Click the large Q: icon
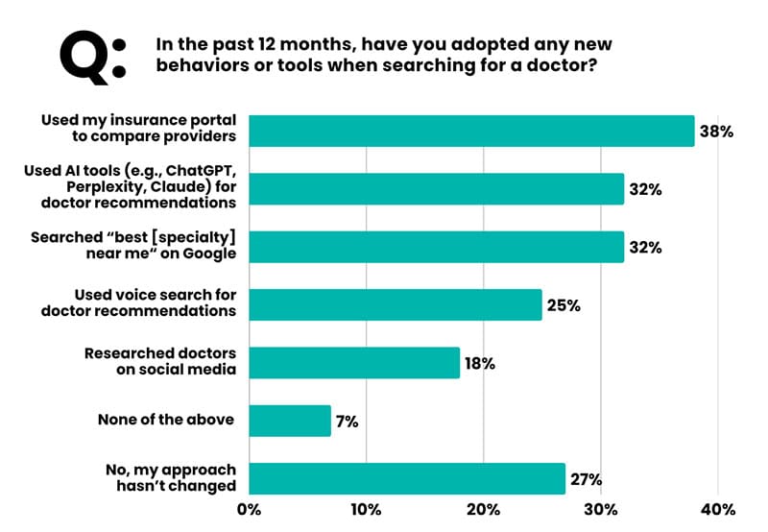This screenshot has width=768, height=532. [92, 55]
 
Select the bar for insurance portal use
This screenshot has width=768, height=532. [471, 131]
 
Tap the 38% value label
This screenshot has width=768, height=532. [716, 132]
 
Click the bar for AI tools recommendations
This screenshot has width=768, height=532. [437, 188]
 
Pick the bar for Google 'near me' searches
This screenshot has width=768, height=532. [437, 247]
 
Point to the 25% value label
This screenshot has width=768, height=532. [564, 305]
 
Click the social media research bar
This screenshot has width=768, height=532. [354, 363]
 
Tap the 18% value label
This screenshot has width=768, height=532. [480, 364]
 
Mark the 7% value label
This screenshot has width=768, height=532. [347, 422]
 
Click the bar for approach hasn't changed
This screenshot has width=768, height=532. [407, 478]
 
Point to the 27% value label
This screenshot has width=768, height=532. [586, 479]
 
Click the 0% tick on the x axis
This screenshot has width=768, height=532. [250, 509]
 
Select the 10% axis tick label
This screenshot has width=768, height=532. [366, 509]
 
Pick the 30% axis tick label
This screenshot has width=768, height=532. [601, 509]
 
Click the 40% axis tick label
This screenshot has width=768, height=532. [718, 509]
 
